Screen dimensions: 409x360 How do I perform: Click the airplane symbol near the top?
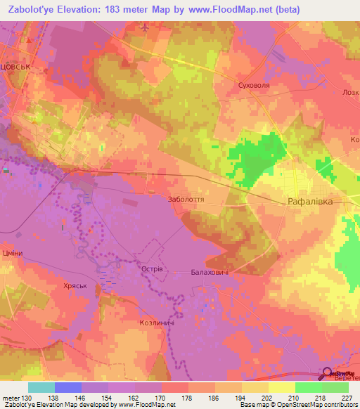[x=145, y=27]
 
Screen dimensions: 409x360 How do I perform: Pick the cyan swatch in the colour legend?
[x=41, y=387]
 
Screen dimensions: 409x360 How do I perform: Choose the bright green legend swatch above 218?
[x=308, y=387]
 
